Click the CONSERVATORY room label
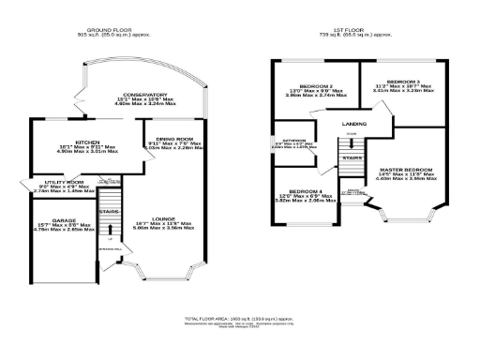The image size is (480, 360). point(142,95)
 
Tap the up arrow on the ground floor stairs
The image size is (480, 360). point(111,238)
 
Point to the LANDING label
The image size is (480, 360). point(354,123)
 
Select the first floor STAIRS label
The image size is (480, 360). point(352,158)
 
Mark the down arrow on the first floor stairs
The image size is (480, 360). point(352,133)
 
